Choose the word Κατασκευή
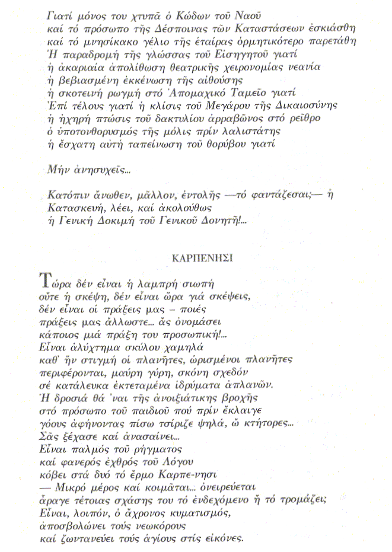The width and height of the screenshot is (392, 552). coord(75,209)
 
